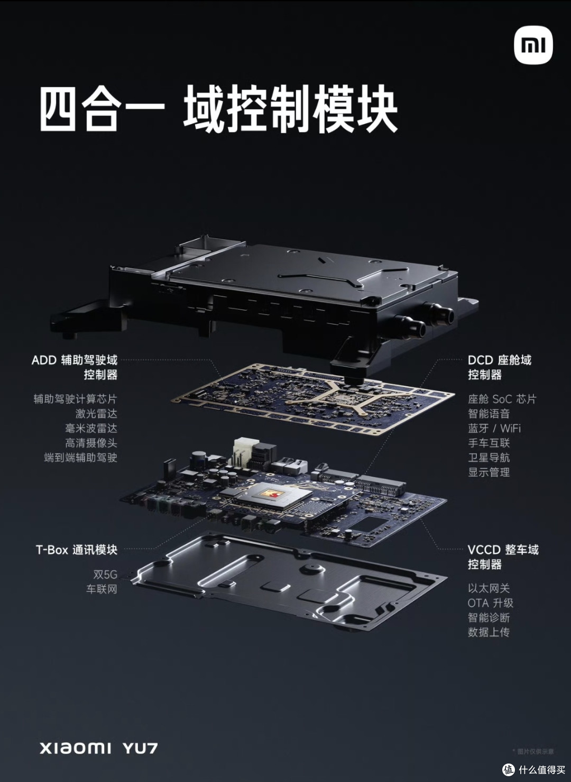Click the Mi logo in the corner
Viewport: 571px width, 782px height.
(533, 45)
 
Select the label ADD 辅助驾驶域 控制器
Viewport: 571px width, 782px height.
(75, 367)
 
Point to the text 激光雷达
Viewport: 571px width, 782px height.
(96, 414)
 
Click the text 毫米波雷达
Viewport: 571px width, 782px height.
(90, 429)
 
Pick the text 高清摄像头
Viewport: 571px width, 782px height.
(90, 443)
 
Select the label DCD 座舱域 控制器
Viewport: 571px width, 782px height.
(499, 367)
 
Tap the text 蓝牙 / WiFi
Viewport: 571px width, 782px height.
(494, 429)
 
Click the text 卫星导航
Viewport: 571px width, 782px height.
(489, 458)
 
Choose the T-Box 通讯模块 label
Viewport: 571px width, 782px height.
(76, 550)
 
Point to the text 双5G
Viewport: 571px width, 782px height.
(105, 574)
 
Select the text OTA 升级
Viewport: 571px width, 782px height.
(490, 603)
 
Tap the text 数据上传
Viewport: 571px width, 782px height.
(489, 632)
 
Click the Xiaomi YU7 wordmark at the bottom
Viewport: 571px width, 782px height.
(98, 748)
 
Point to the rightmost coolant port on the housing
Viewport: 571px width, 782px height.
(441, 315)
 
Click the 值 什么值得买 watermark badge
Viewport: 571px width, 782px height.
(532, 767)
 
